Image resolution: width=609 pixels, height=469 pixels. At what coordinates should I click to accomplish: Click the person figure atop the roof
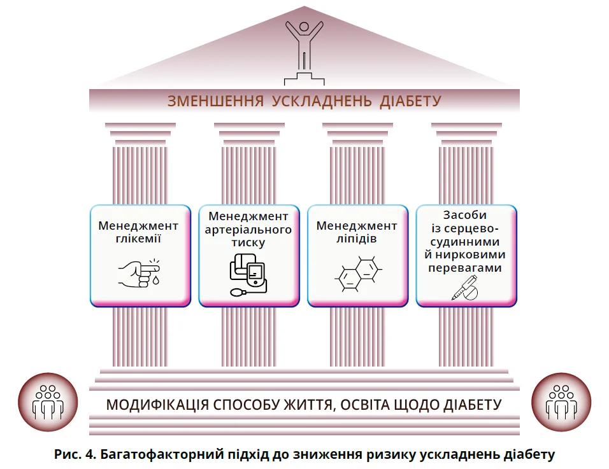point(304,45)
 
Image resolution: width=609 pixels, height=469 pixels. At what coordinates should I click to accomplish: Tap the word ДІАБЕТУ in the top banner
point(410,101)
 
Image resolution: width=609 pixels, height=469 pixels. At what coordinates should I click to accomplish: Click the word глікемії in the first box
point(138,240)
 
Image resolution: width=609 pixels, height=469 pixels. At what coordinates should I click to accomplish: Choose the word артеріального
point(248,229)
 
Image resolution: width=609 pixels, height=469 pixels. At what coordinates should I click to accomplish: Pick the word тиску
point(248,242)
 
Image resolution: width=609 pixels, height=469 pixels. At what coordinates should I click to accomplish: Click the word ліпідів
point(357,240)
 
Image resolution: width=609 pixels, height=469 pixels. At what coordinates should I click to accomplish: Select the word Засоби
point(467,216)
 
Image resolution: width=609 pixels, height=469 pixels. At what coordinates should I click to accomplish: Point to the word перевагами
point(467,268)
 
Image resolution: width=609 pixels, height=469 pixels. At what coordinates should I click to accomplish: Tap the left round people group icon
point(48,402)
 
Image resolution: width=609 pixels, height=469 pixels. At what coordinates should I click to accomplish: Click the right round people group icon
point(561,402)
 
